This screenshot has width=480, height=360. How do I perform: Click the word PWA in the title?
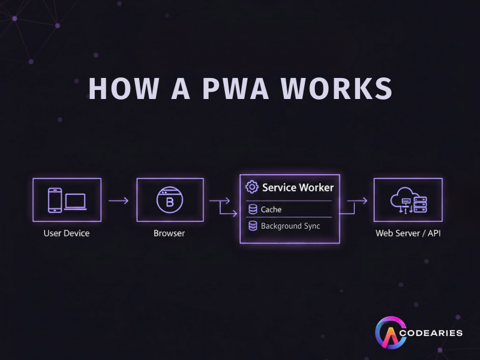point(227,88)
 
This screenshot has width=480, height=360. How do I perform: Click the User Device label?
point(67,233)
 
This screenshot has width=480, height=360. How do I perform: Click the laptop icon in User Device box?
point(75,201)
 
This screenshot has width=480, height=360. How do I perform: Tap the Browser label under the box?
point(169,233)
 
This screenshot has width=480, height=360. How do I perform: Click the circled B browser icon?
point(169,200)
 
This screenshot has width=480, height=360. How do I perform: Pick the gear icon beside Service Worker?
point(252,187)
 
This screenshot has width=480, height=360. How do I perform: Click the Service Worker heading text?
point(298,187)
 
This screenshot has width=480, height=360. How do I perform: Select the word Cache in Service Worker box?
point(271,209)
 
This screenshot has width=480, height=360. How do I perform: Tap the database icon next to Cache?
point(253,209)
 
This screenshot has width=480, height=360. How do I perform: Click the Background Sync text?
point(290,226)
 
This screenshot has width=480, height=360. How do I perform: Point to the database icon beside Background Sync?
point(253,226)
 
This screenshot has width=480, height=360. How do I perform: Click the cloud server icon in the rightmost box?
point(408,200)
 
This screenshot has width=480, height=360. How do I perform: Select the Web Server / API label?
point(408,233)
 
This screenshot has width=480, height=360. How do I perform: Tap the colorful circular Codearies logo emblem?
point(388,334)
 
